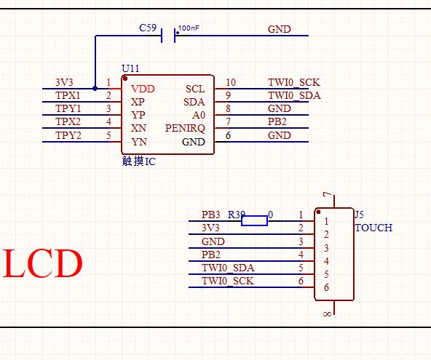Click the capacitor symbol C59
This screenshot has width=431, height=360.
pos(168,36)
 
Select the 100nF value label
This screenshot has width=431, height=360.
pos(189,28)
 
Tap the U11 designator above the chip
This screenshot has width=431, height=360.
pos(130,68)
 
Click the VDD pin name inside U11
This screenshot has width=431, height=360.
pos(143,89)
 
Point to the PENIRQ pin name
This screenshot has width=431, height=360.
pos(185,128)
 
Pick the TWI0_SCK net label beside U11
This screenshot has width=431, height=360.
pos(294,82)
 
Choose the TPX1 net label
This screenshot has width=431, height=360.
pos(68,95)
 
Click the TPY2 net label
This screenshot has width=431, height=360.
pos(68,135)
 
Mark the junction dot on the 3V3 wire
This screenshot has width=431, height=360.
pos(95,89)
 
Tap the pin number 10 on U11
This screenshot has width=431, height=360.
pos(231,82)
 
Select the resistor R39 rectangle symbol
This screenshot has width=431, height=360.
pos(255,221)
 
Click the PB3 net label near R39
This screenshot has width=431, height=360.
pos(211,215)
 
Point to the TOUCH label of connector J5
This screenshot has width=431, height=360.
pos(373,228)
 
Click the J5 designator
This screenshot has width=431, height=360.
pos(359,215)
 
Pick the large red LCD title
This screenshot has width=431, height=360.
pos(43,263)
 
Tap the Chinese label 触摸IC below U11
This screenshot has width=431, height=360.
pos(139,161)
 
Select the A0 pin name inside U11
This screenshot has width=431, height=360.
pos(199,115)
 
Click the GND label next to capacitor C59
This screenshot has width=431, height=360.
pos(280,29)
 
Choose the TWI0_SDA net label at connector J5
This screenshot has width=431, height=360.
pos(228,268)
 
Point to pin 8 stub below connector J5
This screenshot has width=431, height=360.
pos(334,308)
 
